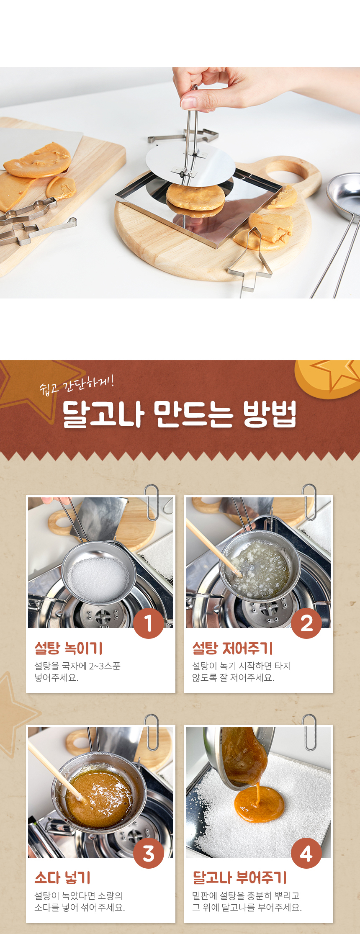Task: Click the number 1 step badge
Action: coord(149,623)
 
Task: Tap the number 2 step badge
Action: coord(306,623)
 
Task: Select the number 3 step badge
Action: coord(149,853)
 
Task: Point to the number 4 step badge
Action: coord(306,853)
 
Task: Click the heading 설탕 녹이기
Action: coord(69,648)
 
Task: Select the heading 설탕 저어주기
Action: coord(232,648)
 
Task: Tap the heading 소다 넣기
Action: coord(62,877)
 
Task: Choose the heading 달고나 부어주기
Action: coord(239,877)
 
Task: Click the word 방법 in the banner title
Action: coord(270,414)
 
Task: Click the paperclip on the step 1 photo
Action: coord(152,502)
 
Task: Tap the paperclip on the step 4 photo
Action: coord(309,732)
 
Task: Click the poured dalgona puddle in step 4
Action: coord(259,805)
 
